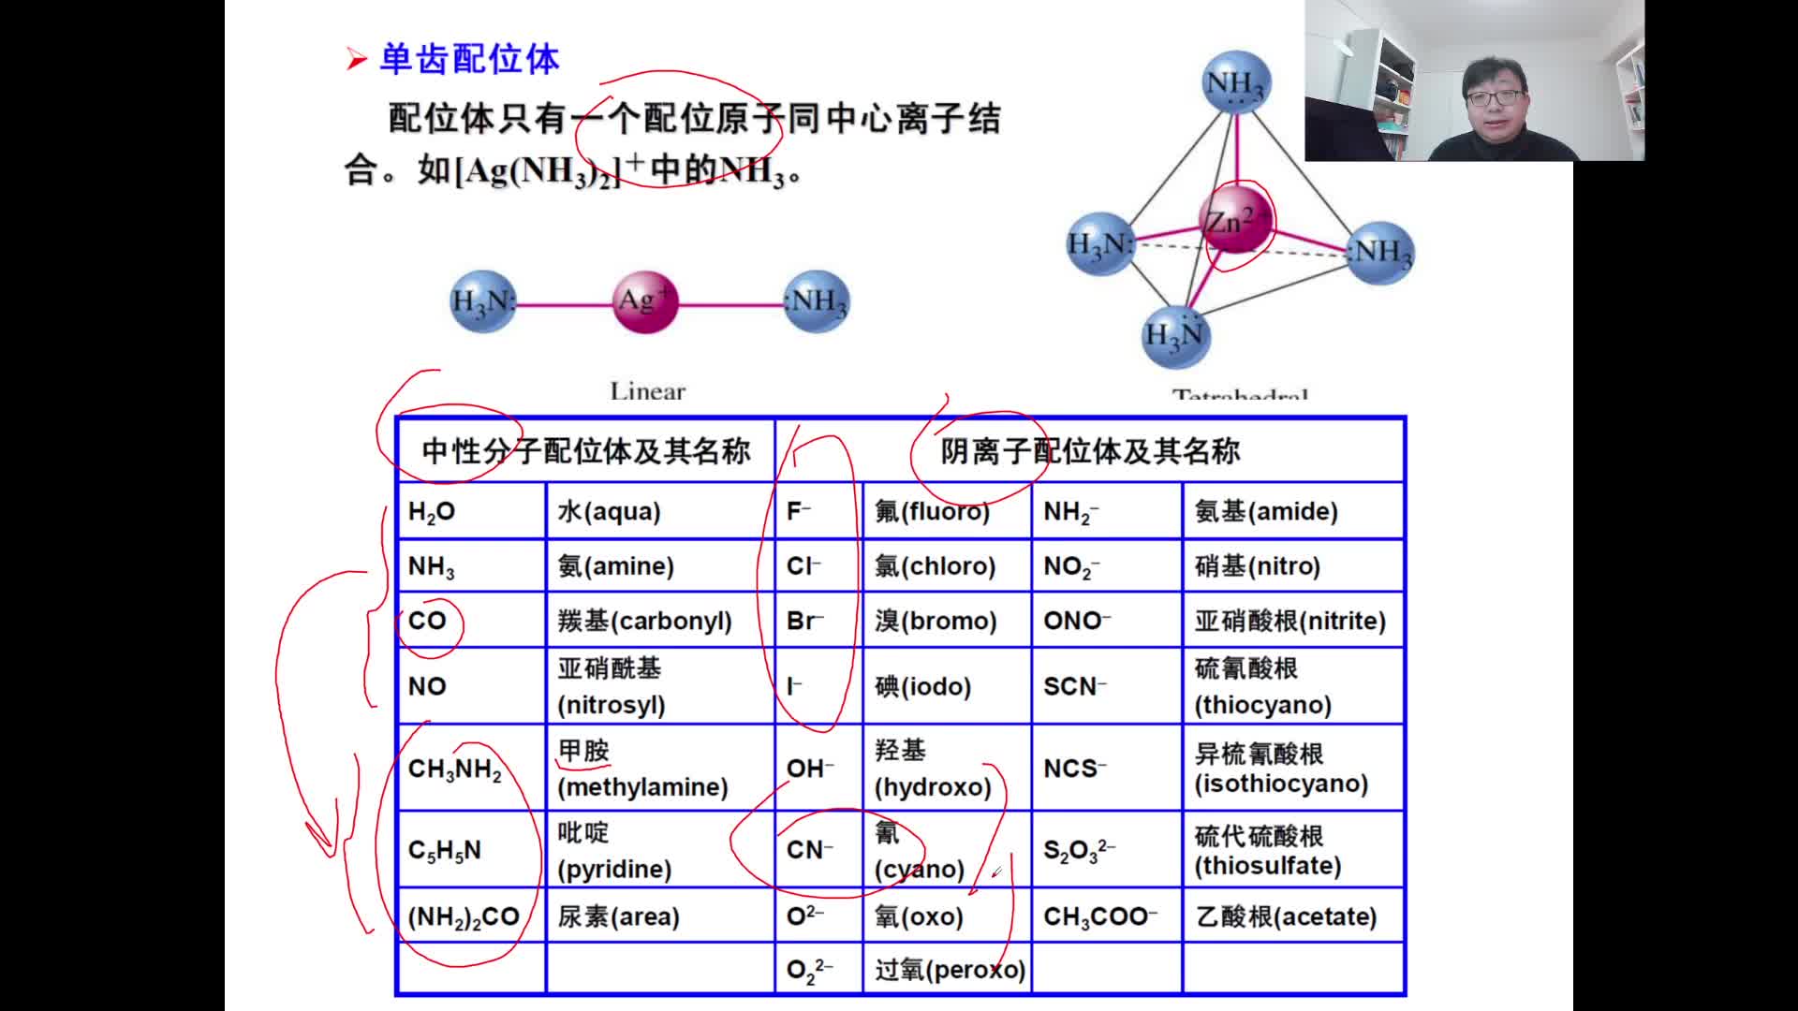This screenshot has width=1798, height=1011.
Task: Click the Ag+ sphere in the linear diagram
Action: (x=644, y=301)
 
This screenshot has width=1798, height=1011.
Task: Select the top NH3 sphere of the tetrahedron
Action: (x=1235, y=82)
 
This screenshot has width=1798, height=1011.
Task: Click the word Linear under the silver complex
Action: (x=647, y=391)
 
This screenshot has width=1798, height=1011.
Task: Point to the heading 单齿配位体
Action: (x=468, y=59)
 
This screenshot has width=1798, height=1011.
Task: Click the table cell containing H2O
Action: (x=471, y=511)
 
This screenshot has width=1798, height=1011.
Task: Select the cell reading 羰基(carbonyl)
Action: (x=659, y=621)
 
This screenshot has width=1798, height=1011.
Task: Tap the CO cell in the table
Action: (x=471, y=621)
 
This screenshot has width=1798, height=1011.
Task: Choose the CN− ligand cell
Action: (x=818, y=849)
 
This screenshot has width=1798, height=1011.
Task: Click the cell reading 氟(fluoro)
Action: (x=946, y=511)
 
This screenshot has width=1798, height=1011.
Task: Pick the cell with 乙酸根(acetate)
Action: (x=1292, y=916)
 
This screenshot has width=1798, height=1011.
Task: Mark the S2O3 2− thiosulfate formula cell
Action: (x=1106, y=849)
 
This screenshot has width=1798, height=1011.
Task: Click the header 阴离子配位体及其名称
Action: (x=1090, y=451)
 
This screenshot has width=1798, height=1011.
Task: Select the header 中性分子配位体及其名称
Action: (x=586, y=451)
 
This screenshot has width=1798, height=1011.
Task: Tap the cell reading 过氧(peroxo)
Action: (x=946, y=969)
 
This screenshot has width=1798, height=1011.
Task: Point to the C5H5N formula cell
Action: (x=471, y=849)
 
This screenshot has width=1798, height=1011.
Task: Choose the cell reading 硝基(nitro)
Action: (x=1292, y=565)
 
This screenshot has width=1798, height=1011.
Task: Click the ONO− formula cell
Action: (x=1106, y=621)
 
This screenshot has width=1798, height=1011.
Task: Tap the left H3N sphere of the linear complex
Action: (x=482, y=301)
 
